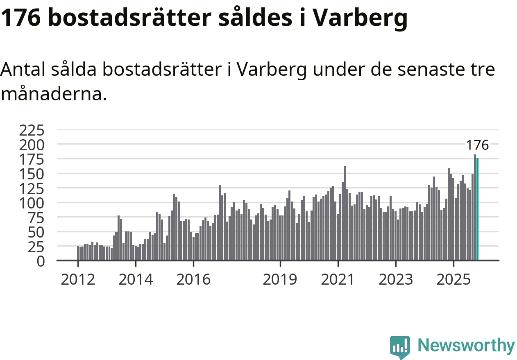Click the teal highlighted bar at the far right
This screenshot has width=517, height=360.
pos(478,209)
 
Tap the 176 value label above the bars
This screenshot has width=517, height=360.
pos(477,145)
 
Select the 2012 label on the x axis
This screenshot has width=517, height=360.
pos(77,280)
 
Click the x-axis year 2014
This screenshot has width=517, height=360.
pos(136,280)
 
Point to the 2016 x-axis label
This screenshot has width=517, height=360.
pos(193,280)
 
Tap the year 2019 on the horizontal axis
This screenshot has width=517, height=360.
pos(280,280)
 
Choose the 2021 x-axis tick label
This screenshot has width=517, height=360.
pos(338,280)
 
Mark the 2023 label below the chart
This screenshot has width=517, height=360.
pos(396,280)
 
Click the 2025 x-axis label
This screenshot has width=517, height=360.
pos(454,280)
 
